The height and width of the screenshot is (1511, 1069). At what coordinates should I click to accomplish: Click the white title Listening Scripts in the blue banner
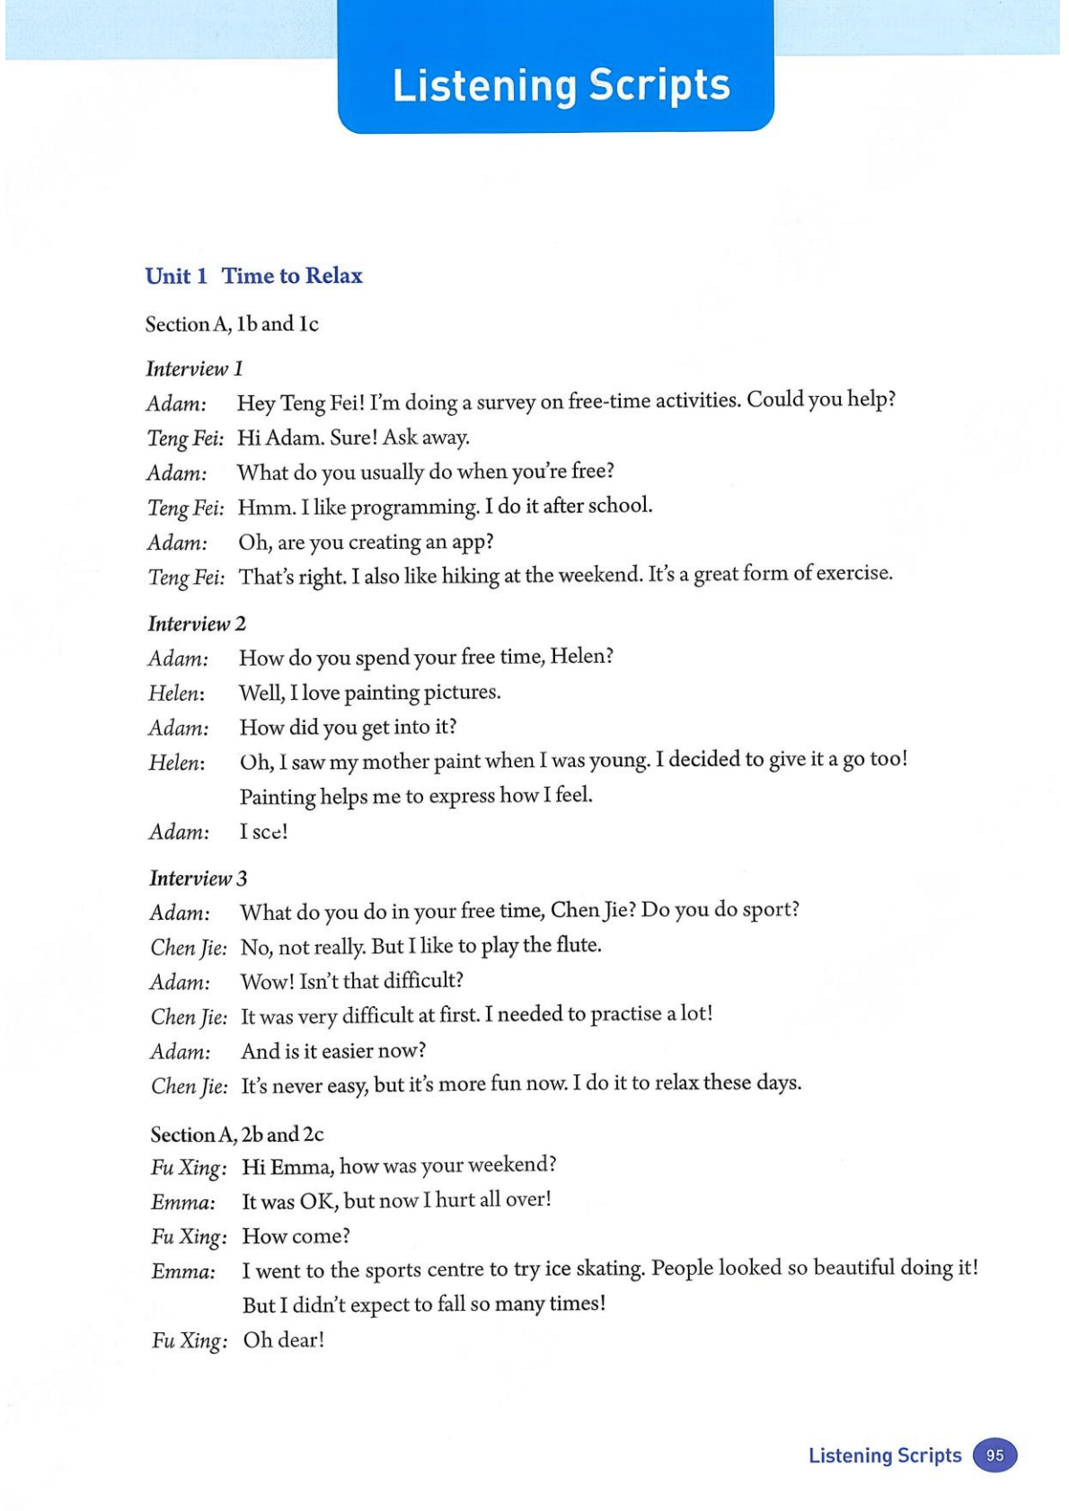[561, 86]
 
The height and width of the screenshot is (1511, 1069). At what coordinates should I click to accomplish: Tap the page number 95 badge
[994, 1455]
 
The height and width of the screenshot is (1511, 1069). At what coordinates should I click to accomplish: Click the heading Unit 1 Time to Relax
[253, 276]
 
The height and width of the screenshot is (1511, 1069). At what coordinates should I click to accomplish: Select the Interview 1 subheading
[194, 368]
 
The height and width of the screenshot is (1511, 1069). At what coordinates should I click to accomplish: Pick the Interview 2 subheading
[197, 623]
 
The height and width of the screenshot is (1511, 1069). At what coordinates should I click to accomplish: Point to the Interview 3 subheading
[198, 878]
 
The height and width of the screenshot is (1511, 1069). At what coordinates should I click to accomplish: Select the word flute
[578, 945]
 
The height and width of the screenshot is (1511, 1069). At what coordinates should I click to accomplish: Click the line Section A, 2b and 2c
[237, 1134]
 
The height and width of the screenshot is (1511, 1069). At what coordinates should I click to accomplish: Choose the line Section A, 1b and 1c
[232, 324]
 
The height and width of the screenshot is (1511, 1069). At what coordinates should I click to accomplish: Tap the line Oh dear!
[283, 1340]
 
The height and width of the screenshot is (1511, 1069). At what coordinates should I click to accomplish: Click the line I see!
[263, 832]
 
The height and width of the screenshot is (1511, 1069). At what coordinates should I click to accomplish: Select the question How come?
[296, 1236]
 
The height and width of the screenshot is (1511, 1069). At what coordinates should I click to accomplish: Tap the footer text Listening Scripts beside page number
[884, 1455]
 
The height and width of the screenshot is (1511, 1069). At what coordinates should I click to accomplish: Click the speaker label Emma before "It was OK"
[183, 1202]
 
